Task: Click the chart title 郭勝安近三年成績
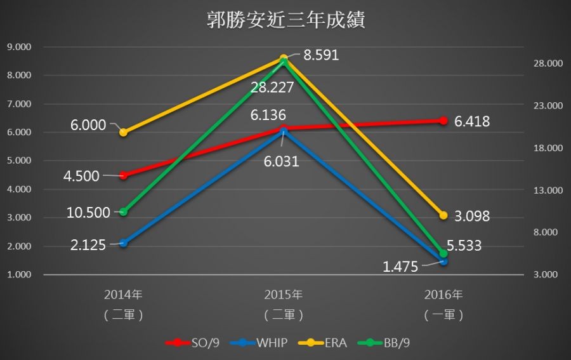(x=285, y=20)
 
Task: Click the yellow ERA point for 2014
(x=124, y=132)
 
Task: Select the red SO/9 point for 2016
(x=443, y=121)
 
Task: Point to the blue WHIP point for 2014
(x=124, y=243)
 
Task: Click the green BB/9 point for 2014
(x=124, y=211)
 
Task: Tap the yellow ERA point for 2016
(x=443, y=215)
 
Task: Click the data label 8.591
(x=321, y=55)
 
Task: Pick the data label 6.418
(x=472, y=121)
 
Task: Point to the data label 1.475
(x=400, y=267)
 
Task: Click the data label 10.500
(x=89, y=213)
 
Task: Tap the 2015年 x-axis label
(x=284, y=295)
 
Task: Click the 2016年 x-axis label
(x=443, y=295)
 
